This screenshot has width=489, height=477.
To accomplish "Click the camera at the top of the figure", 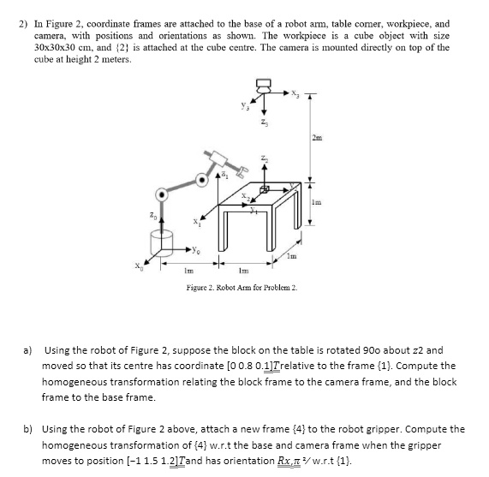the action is [x=264, y=86].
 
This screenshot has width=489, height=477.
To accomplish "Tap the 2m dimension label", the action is [x=317, y=138].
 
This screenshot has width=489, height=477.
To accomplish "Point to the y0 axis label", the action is [x=196, y=250].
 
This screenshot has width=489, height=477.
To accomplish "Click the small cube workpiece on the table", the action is [x=264, y=189].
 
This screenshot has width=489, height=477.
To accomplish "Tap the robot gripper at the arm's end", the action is [x=242, y=172].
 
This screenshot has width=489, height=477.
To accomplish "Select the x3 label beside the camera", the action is [x=295, y=93].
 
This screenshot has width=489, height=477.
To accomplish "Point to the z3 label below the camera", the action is [x=264, y=123].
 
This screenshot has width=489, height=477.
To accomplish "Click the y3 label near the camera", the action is [x=245, y=106].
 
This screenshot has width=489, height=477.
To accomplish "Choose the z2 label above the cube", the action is [x=264, y=158].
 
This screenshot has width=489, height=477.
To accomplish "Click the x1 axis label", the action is [x=196, y=222].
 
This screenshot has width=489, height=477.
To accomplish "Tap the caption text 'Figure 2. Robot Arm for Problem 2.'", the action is [x=242, y=287].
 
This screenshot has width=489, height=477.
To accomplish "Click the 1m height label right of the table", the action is [x=317, y=203].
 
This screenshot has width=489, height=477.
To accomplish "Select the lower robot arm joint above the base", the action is [x=162, y=195].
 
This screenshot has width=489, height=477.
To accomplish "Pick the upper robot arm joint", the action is [x=202, y=180].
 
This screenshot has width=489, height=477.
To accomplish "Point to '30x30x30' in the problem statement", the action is [x=51, y=47].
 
